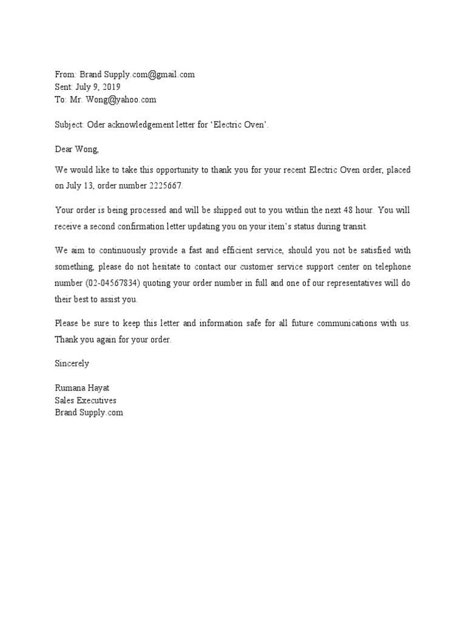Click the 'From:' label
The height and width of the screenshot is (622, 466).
point(66,75)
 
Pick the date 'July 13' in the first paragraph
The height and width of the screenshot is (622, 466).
point(82,184)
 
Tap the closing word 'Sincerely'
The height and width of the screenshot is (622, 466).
point(72,363)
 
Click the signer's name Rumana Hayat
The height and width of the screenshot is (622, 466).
point(83,388)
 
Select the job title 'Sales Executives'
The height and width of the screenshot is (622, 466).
point(86,400)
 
